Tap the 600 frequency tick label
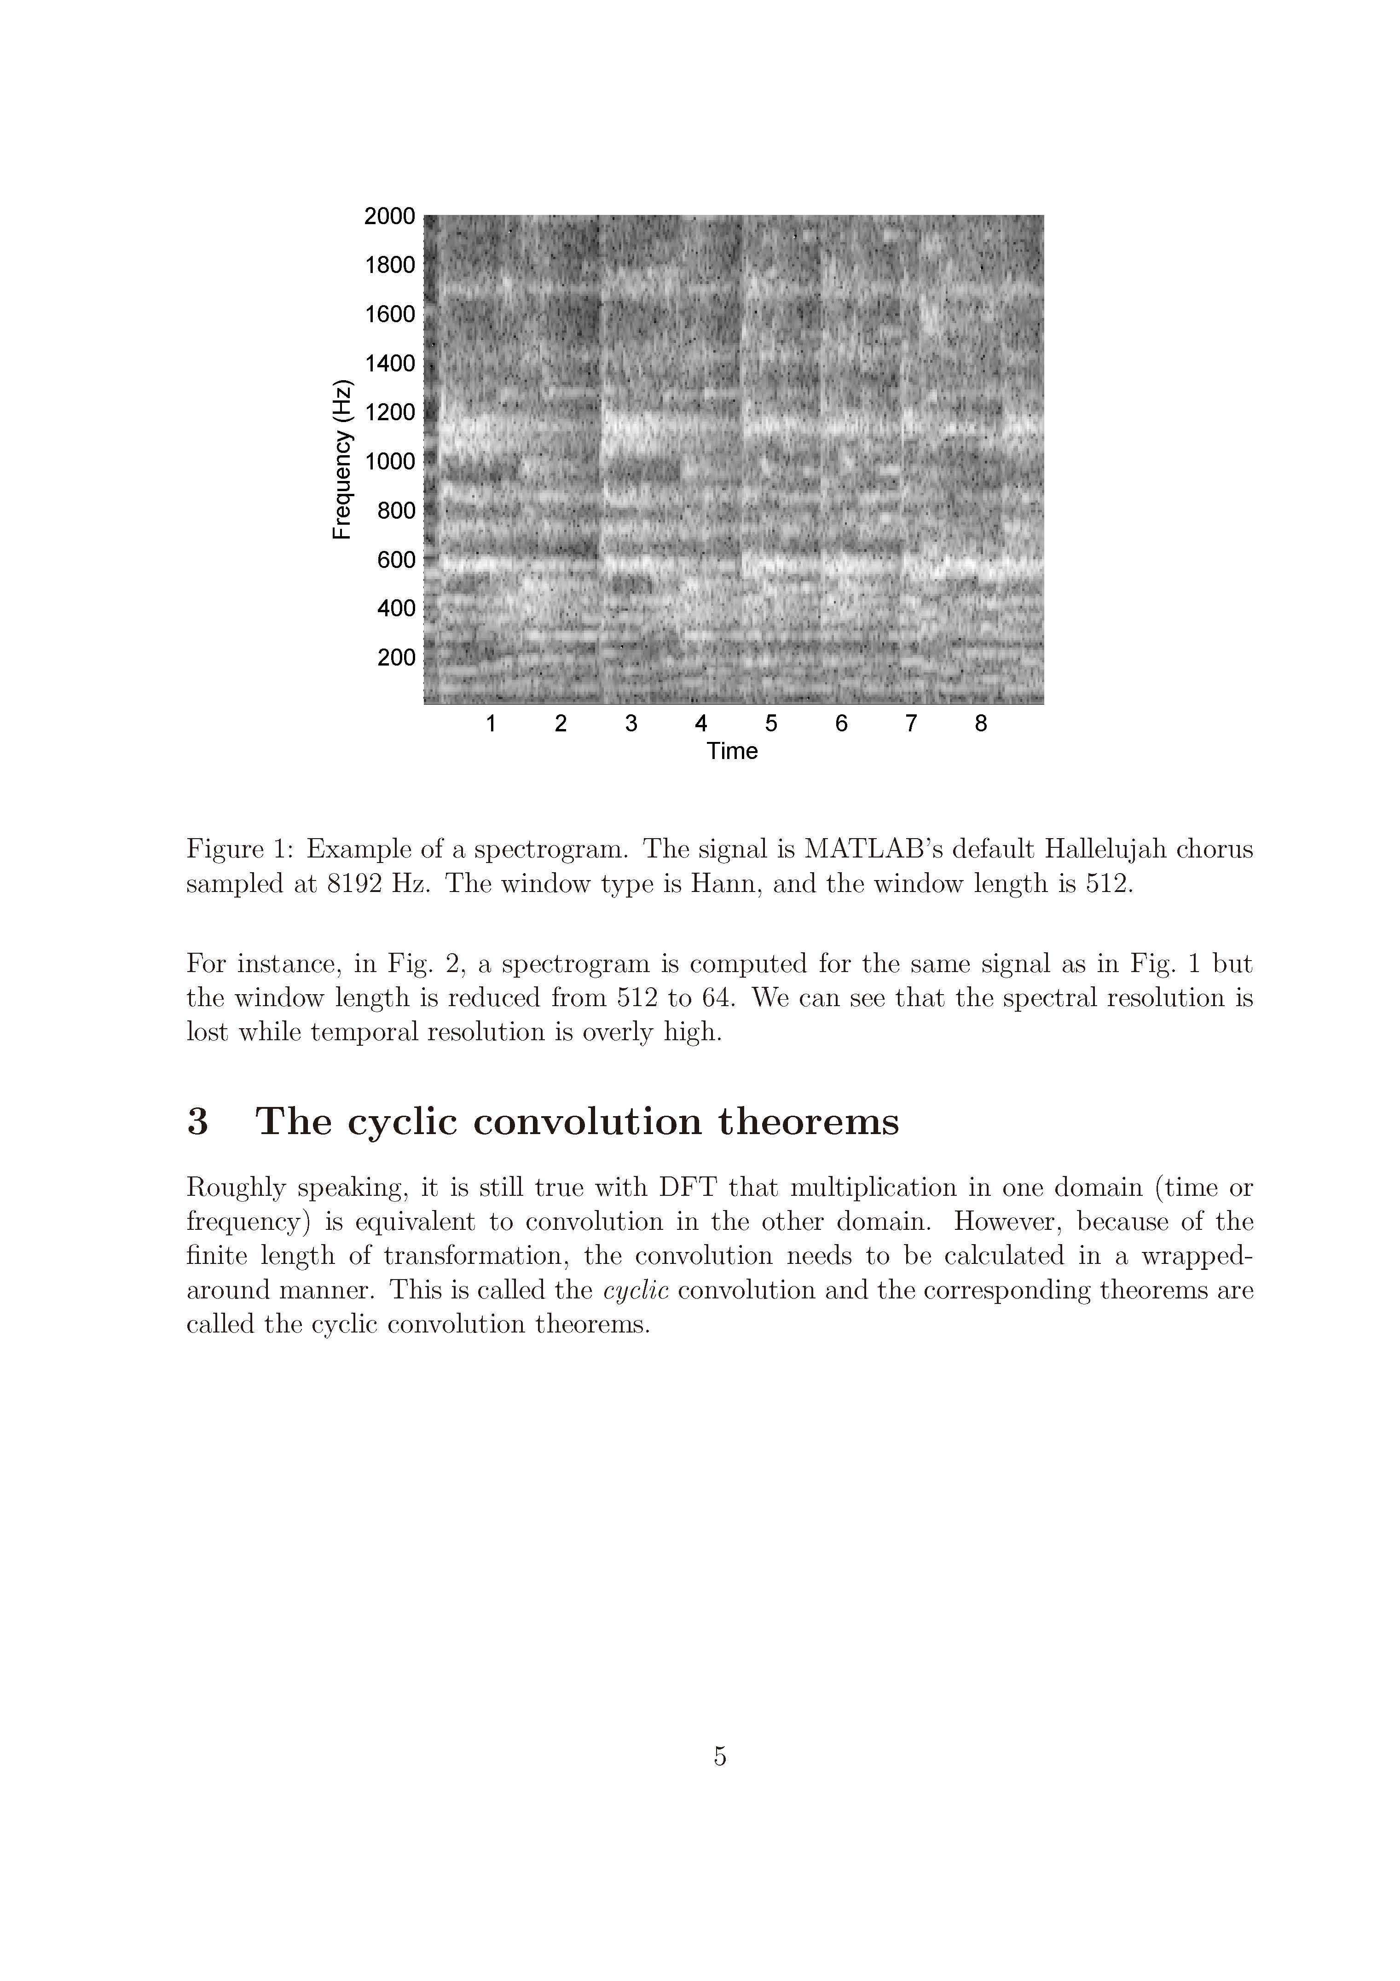tap(396, 560)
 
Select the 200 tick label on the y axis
tap(396, 657)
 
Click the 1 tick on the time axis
tap(491, 724)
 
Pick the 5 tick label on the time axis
tap(771, 724)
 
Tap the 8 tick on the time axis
tap(981, 724)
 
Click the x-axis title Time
tap(732, 752)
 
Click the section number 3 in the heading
tap(197, 1122)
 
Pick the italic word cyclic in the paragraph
tap(636, 1291)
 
